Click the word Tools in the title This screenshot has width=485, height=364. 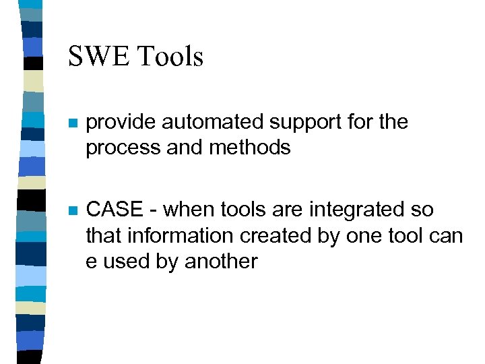click(x=170, y=56)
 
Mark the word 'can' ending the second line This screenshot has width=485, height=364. click(x=447, y=237)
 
